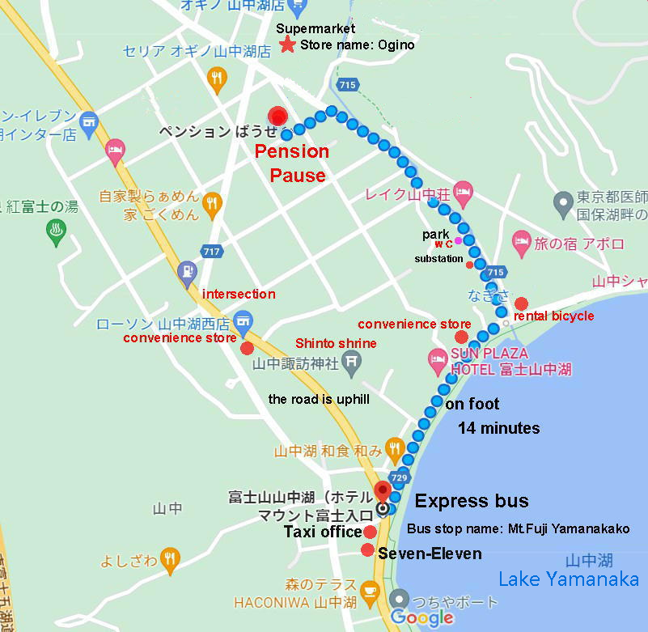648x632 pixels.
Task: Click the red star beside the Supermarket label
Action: click(286, 45)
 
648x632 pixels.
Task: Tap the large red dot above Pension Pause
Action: click(279, 117)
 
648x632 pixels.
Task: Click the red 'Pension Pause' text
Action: click(292, 163)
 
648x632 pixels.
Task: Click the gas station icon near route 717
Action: click(188, 271)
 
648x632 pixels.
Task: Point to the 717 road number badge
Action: click(212, 251)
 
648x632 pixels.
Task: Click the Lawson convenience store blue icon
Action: click(242, 321)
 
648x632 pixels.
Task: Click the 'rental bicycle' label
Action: click(553, 316)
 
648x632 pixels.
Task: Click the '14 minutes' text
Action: click(498, 428)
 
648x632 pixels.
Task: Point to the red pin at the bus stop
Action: click(383, 490)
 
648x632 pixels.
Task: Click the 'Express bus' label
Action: click(472, 501)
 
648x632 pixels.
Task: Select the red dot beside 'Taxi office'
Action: click(370, 532)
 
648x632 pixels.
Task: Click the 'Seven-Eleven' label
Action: click(430, 554)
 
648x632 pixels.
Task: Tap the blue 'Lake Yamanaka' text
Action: click(568, 579)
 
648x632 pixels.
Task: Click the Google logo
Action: click(421, 618)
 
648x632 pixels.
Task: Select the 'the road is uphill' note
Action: click(319, 399)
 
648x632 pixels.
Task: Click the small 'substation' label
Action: click(438, 259)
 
